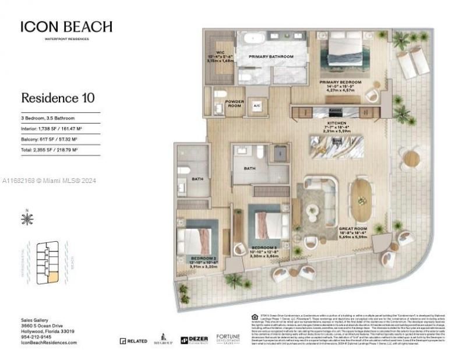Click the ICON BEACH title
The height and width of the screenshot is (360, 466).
(66, 27)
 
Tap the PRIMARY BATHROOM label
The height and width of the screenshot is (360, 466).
(271, 57)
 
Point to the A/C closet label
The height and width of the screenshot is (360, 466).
(256, 106)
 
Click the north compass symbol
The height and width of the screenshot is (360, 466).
(27, 219)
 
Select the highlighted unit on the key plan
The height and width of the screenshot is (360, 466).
(52, 278)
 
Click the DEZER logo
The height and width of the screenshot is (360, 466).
(194, 340)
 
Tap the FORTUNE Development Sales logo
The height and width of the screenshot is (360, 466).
(228, 339)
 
